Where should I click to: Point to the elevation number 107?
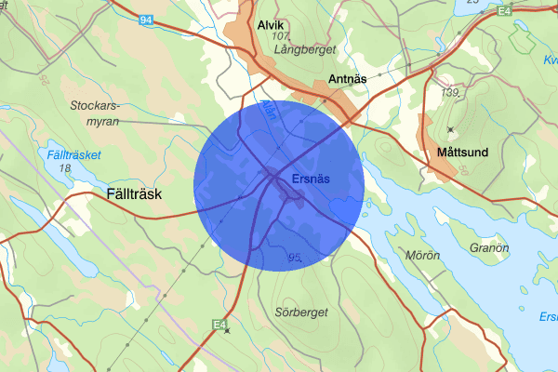[x=284, y=35]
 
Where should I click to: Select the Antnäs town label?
[x=348, y=79]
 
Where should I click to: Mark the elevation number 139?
[x=451, y=93]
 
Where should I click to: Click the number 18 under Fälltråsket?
[x=64, y=168]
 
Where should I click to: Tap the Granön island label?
[x=488, y=248]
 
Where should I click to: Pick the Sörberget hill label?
[x=301, y=312]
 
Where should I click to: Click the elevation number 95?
[x=296, y=257]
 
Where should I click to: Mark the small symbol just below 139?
[x=451, y=128]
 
